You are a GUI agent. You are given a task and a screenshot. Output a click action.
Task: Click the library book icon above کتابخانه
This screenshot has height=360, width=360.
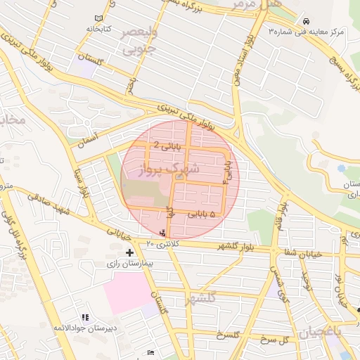point(98,18)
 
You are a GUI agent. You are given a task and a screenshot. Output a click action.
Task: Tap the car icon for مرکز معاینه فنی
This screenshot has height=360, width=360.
point(304,21)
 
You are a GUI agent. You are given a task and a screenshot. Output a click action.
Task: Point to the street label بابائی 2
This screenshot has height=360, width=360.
point(167,146)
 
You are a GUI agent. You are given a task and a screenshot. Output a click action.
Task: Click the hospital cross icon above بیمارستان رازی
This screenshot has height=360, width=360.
point(129,252)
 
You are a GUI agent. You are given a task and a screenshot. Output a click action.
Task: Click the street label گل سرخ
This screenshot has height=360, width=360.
point(275,340)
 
